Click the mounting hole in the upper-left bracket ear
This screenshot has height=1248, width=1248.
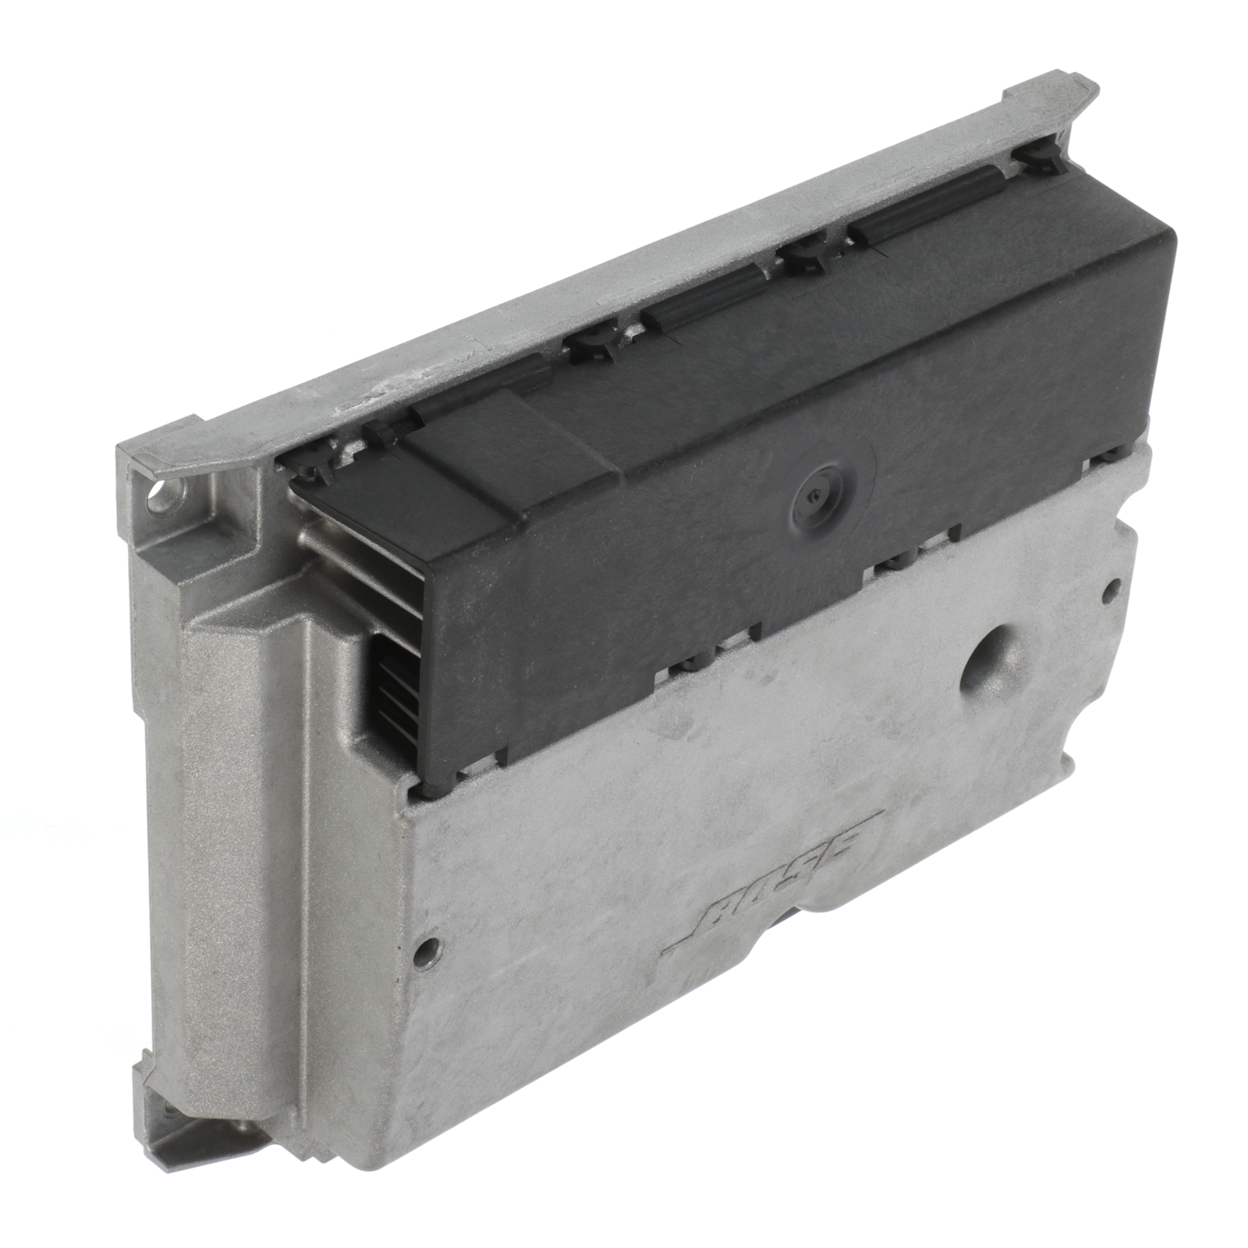[162, 495]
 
